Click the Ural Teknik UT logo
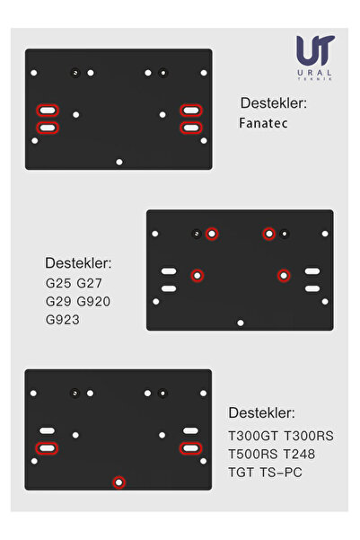point(315,58)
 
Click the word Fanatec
point(263,123)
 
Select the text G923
point(63,320)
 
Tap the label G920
point(93,301)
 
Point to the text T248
point(299,454)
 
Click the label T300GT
point(253,436)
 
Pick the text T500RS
point(253,454)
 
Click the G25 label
point(58,283)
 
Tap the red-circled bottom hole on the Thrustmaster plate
point(119,482)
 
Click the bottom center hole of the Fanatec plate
point(119,162)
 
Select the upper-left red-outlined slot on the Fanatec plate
point(48,111)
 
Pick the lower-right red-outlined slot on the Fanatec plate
point(191,128)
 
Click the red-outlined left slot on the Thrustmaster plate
point(47,448)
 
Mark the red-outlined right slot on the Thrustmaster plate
point(190,448)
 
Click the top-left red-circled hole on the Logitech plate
point(212,234)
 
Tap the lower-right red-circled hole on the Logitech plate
point(284,276)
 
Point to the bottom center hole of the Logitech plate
point(241,323)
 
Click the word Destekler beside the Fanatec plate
point(274,103)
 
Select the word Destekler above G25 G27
point(78,263)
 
